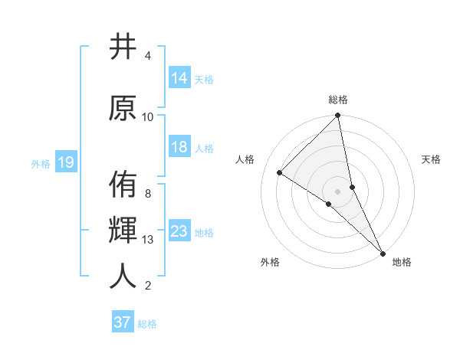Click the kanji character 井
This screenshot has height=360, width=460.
pyautogui.click(x=123, y=47)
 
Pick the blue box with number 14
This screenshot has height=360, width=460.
pyautogui.click(x=179, y=78)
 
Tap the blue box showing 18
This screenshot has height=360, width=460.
pyautogui.click(x=179, y=148)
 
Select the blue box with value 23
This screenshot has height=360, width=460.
pyautogui.click(x=179, y=232)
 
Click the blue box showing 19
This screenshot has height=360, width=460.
pyautogui.click(x=65, y=162)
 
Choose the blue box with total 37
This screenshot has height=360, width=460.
pyautogui.click(x=123, y=322)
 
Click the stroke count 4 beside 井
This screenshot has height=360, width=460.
pyautogui.click(x=148, y=56)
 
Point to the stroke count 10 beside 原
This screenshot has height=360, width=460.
pyautogui.click(x=148, y=117)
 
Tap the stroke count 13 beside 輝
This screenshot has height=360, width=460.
pyautogui.click(x=148, y=240)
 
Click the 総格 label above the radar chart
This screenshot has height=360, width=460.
pyautogui.click(x=338, y=100)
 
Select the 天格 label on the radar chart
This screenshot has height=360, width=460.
pyautogui.click(x=431, y=159)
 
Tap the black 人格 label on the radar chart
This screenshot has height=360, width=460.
pyautogui.click(x=245, y=159)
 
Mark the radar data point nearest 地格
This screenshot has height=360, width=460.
pyautogui.click(x=382, y=252)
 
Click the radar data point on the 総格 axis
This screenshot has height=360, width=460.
pyautogui.click(x=338, y=116)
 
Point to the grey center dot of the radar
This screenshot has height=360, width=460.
pyautogui.click(x=337, y=191)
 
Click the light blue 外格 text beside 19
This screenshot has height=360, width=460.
pyautogui.click(x=40, y=163)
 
